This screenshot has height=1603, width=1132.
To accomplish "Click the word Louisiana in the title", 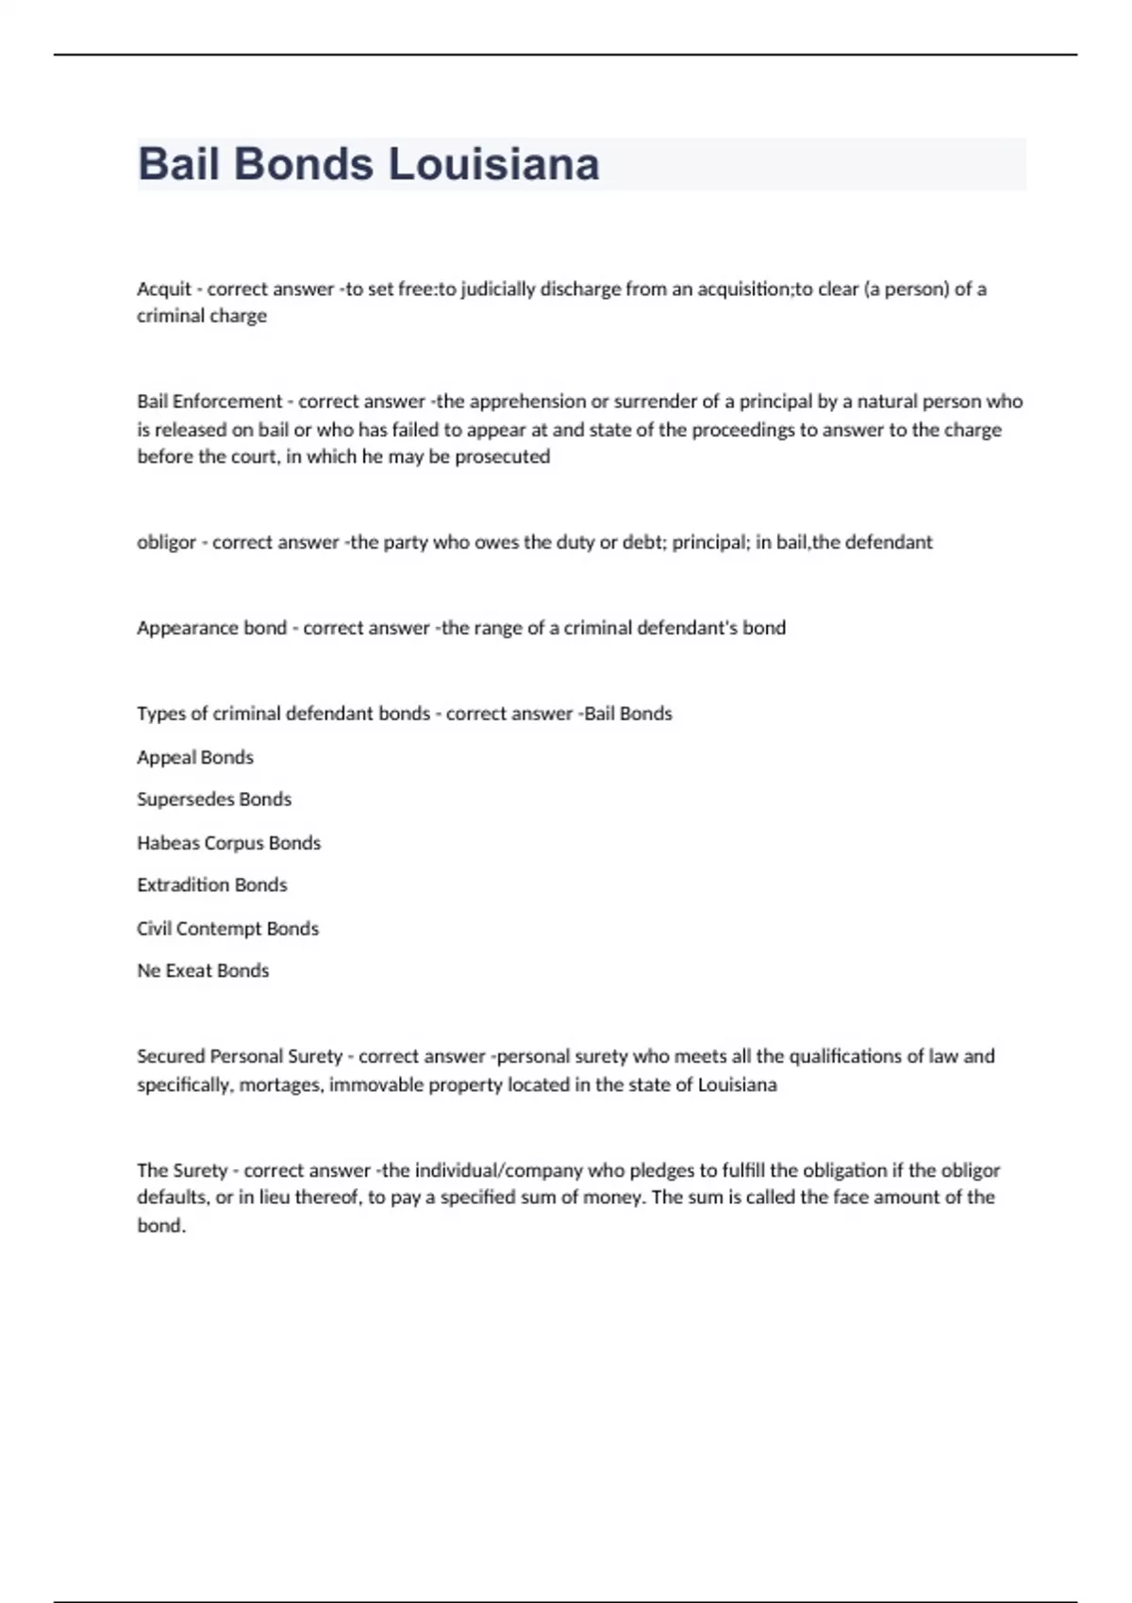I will pyautogui.click(x=493, y=164).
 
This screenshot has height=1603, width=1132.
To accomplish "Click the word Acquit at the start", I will pyautogui.click(x=164, y=289).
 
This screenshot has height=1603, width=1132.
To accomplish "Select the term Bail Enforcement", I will pyautogui.click(x=209, y=402).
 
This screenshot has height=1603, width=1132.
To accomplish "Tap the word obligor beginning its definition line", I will pyautogui.click(x=166, y=543).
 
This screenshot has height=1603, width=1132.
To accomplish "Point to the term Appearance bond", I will pyautogui.click(x=211, y=628).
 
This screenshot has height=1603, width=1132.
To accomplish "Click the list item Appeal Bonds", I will pyautogui.click(x=195, y=757).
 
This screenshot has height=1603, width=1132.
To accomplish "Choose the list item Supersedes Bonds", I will pyautogui.click(x=214, y=800).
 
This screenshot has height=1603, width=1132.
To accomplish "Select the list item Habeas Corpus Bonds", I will pyautogui.click(x=228, y=843).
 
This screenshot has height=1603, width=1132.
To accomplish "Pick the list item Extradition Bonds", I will pyautogui.click(x=211, y=885).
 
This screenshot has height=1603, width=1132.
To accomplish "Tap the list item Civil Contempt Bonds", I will pyautogui.click(x=227, y=929).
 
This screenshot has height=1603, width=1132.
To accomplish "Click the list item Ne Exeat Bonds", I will pyautogui.click(x=203, y=971).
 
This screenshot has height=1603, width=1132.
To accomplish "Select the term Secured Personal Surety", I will pyautogui.click(x=240, y=1057).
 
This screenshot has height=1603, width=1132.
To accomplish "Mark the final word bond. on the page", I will pyautogui.click(x=161, y=1226).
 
